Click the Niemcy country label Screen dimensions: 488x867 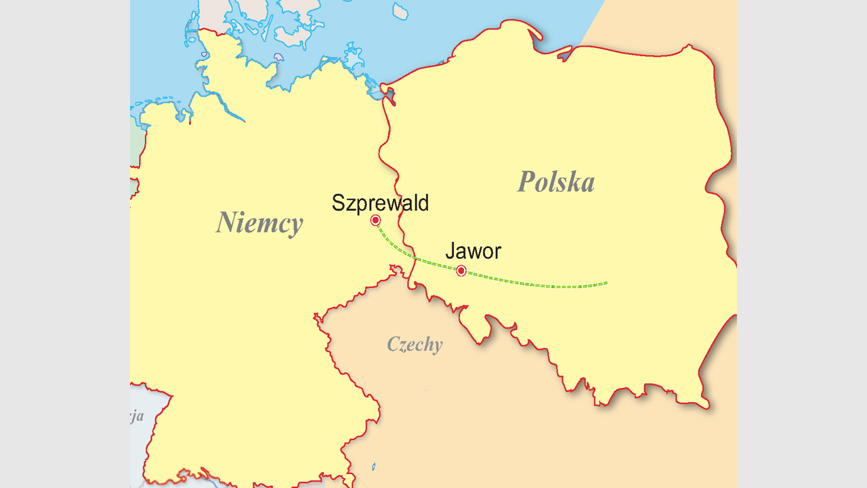point(259,222)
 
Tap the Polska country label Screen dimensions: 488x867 point(556,182)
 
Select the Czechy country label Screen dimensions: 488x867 point(415,344)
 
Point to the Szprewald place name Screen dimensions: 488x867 point(380,203)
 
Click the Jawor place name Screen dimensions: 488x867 point(473,251)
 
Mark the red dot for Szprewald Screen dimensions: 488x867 point(375,220)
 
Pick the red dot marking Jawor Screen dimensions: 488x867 point(461,271)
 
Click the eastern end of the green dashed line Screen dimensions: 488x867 point(607,283)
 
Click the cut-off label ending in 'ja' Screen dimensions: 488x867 point(137,416)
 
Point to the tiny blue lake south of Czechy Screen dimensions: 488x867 point(373,466)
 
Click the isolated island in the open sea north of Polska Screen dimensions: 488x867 point(400,10)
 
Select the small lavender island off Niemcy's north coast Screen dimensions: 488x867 point(278,58)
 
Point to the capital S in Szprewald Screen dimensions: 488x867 point(338,203)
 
